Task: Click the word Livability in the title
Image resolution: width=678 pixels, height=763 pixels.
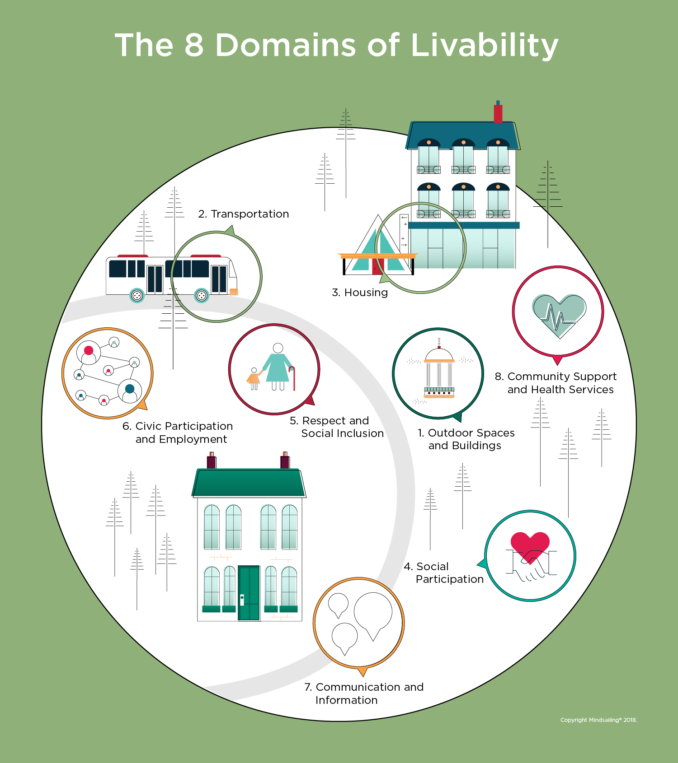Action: [485, 46]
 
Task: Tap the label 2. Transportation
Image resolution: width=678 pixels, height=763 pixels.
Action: [244, 214]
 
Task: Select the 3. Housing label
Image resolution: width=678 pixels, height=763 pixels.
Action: [360, 293]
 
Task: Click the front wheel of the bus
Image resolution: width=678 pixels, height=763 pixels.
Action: [202, 296]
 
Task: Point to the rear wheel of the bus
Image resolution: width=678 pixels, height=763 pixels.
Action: [137, 296]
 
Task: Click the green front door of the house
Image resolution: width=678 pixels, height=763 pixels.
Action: [249, 593]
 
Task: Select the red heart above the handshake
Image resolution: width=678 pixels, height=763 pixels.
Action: [530, 544]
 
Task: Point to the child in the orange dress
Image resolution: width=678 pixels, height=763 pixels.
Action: [254, 378]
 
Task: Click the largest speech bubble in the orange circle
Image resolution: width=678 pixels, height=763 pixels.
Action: [373, 612]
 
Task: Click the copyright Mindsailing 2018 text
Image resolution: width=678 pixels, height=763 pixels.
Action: [598, 720]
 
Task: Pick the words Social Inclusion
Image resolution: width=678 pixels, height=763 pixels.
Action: [342, 433]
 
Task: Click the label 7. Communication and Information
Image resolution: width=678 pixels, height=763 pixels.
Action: [364, 693]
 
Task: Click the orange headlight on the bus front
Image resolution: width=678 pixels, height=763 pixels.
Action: [234, 292]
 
